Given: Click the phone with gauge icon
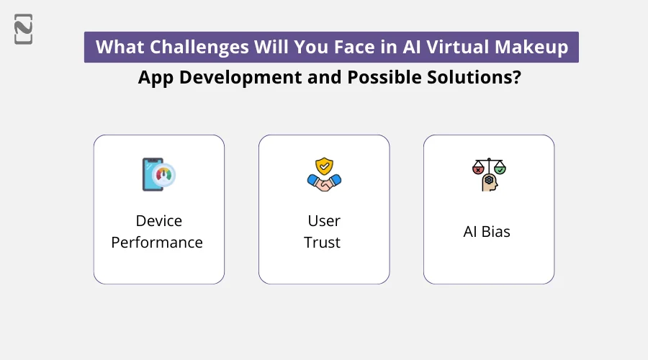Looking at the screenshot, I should coord(158,174).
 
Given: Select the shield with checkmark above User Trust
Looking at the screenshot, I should coord(324,166).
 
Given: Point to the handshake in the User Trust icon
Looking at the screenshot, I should coord(324,183).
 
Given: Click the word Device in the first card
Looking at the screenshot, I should coord(158,220).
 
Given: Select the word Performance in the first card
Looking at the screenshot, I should coord(157,242).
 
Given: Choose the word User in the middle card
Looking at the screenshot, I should coord(323,220).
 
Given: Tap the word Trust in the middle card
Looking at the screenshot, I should coord(323,242).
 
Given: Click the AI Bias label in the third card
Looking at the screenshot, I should coord(488,232).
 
